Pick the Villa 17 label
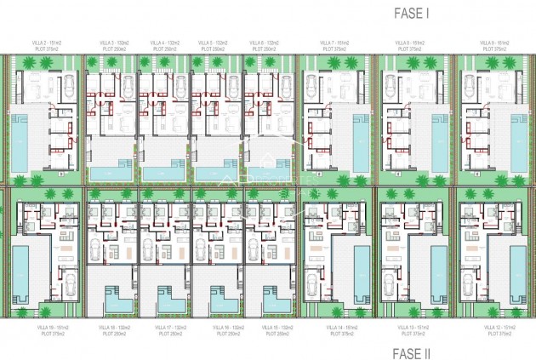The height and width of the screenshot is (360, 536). coord(166,327)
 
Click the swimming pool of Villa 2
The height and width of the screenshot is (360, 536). coord(20,140)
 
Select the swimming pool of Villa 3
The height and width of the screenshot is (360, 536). coord(111,173)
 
